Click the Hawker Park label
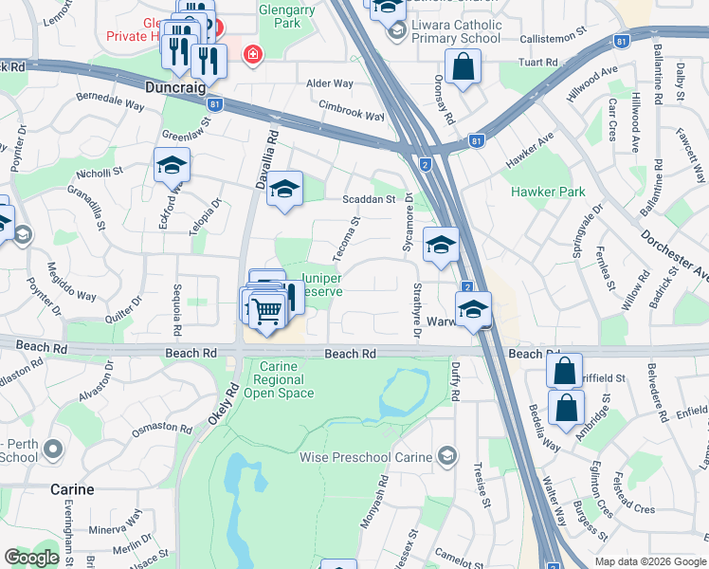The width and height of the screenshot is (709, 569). pyautogui.click(x=548, y=192)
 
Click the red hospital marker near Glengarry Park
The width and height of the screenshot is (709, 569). pyautogui.click(x=252, y=55)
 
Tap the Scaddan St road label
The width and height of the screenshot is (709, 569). pyautogui.click(x=368, y=200)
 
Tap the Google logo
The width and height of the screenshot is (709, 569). pyautogui.click(x=31, y=558)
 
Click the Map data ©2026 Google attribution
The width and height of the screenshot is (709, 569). pyautogui.click(x=649, y=561)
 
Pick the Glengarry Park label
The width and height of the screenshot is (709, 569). pyautogui.click(x=285, y=19)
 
